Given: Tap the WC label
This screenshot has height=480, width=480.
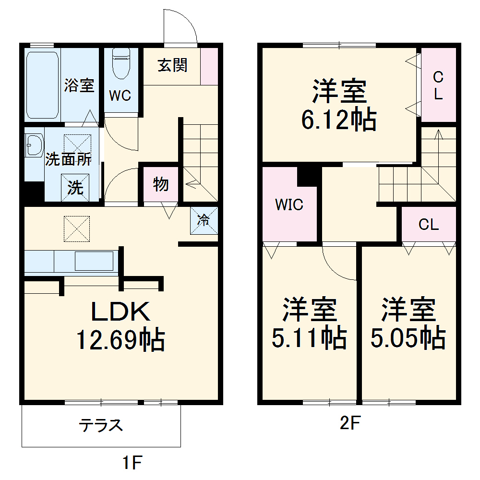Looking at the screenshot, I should [120, 96].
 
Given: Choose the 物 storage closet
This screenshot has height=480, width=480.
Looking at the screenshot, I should [161, 183].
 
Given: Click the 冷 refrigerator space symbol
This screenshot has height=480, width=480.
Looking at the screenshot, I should [204, 220].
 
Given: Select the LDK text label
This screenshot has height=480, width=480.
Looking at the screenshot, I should [121, 312].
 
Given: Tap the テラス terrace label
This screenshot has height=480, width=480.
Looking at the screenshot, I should [101, 425].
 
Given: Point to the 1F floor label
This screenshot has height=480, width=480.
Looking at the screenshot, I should [131, 463].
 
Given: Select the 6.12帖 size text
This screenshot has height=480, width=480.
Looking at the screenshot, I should [339, 120].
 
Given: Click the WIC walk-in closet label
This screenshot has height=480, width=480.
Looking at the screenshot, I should [289, 205].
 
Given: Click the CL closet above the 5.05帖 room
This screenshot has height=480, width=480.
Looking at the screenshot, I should [428, 224].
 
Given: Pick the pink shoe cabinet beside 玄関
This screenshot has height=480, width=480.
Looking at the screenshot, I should [208, 66].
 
